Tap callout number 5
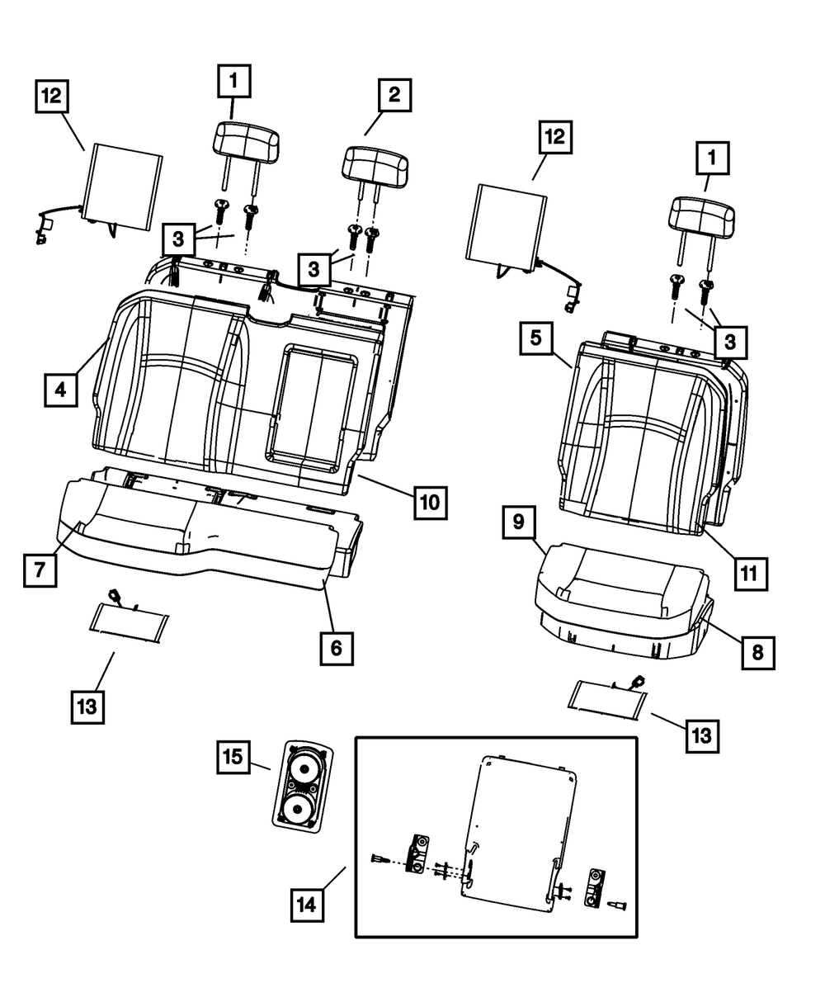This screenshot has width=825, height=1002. [536, 339]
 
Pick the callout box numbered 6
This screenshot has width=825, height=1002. [337, 649]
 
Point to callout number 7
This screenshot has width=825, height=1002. [40, 570]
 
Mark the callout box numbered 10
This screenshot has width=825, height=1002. [431, 502]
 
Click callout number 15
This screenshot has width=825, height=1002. [234, 757]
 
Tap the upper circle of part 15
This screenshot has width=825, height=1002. [303, 768]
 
